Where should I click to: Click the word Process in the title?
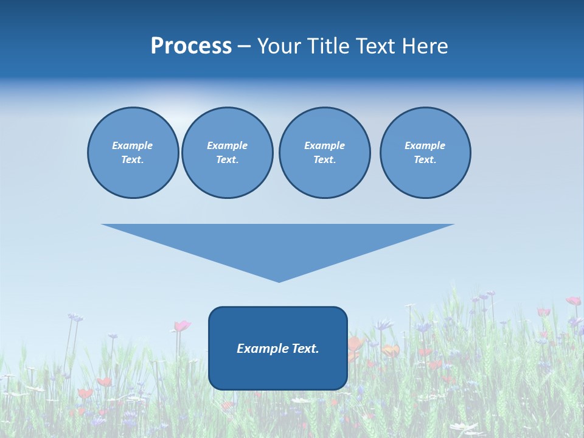[191, 46]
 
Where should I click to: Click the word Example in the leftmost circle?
[133, 145]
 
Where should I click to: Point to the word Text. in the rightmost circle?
[425, 159]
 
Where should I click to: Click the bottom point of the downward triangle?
[279, 280]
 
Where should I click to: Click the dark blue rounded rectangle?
[278, 371]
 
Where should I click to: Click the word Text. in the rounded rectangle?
[306, 349]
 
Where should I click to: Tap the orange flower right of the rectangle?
[391, 350]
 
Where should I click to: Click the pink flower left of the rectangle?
[181, 326]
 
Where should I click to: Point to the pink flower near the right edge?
[573, 301]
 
